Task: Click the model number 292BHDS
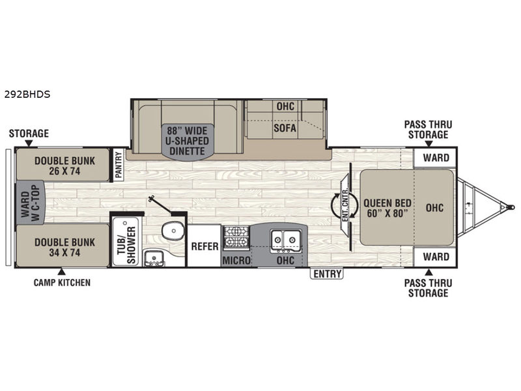[x=27, y=94]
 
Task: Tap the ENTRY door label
[x=328, y=274]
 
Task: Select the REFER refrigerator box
[x=204, y=246]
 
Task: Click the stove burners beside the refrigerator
[x=236, y=237]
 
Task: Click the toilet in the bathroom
[x=173, y=230]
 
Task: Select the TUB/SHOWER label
[x=127, y=246]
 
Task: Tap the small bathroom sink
[x=154, y=258]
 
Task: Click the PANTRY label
[x=119, y=165]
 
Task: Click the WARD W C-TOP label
[x=30, y=202]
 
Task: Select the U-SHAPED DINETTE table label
[x=187, y=141]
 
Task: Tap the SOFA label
[x=285, y=128]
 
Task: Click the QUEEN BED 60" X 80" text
[x=387, y=208]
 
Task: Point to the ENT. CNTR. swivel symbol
[x=345, y=207]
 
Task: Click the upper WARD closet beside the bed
[x=436, y=158]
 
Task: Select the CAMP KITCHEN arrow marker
[x=61, y=272]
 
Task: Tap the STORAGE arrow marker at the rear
[x=29, y=143]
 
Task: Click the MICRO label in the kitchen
[x=236, y=260]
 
